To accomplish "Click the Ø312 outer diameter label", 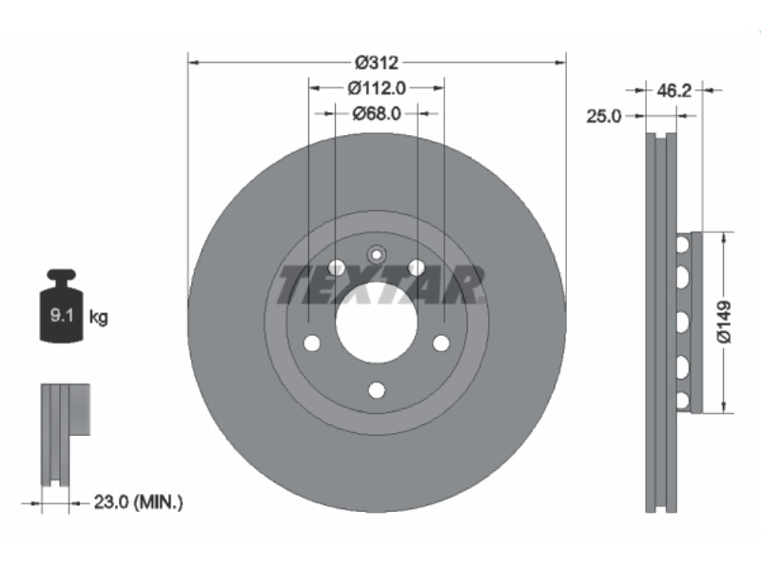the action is [x=377, y=63].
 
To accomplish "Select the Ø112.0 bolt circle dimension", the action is [x=377, y=88].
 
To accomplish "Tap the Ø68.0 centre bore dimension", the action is [x=377, y=113].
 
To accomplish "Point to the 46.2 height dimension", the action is [x=673, y=90].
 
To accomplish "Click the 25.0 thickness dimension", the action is [x=604, y=116].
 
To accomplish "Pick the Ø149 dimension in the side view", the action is [x=724, y=322].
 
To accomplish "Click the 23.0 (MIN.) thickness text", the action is [x=138, y=502].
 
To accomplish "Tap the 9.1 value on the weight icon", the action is [x=62, y=316].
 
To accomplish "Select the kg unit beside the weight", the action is [x=99, y=318].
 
